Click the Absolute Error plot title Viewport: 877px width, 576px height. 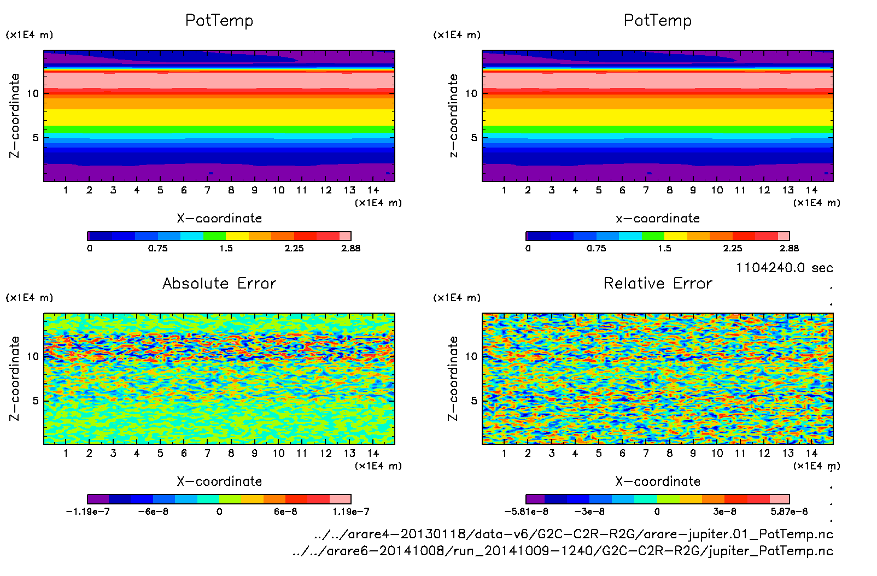219,283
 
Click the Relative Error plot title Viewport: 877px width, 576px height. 658,283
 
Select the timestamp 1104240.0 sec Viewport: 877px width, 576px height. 784,268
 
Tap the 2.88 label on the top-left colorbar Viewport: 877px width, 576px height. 350,248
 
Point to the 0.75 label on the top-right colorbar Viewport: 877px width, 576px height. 596,248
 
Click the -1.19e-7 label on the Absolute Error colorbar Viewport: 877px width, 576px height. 88,512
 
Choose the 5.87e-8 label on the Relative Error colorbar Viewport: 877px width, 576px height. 789,512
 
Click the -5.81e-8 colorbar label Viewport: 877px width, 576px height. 527,512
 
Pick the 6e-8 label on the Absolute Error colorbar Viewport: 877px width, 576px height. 285,512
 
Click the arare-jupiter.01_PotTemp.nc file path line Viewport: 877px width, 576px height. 574,534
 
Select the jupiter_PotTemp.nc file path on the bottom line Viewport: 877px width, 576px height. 563,550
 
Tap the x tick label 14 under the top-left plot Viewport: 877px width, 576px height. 373,190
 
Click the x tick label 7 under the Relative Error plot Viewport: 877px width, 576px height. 646,453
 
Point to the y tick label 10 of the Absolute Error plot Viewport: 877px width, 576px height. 33,356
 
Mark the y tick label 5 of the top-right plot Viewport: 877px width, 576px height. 474,137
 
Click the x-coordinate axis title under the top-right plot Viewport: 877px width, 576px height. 658,218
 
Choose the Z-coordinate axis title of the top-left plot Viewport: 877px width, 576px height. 14,116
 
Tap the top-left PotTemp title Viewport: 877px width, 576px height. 219,20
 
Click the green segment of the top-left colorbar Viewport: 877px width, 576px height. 214,236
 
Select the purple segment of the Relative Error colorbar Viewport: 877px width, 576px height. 535,499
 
